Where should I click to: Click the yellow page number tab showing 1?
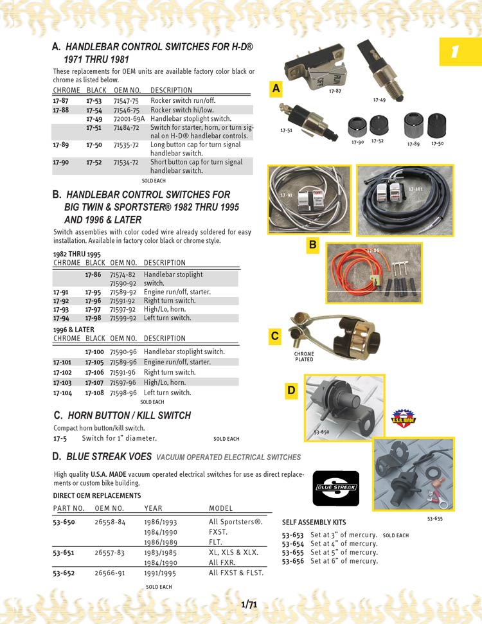[x=460, y=51]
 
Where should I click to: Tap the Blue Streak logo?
[x=335, y=488]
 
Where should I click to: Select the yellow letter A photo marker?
[x=276, y=89]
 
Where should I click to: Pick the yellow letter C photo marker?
[x=275, y=335]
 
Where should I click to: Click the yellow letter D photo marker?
[x=292, y=390]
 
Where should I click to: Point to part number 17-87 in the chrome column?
[x=61, y=101]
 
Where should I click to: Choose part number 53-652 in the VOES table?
[x=64, y=572]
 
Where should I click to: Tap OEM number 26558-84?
[x=109, y=522]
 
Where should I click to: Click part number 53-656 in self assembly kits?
[x=293, y=560]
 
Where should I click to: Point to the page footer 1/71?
[x=249, y=604]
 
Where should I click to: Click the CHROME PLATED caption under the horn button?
[x=304, y=357]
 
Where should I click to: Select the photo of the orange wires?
[x=373, y=273]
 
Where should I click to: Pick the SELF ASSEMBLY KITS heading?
[x=314, y=522]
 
